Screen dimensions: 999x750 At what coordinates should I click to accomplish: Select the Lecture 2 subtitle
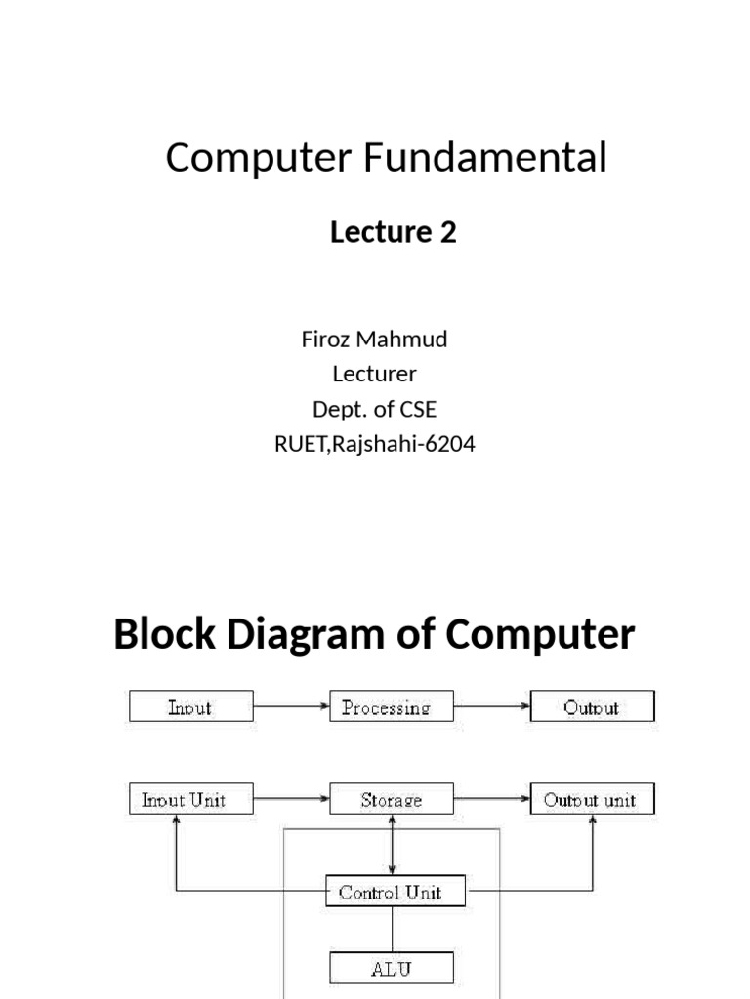pyautogui.click(x=393, y=232)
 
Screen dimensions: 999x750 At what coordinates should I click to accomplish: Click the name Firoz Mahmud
pyautogui.click(x=374, y=340)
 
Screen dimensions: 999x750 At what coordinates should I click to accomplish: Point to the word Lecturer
pyautogui.click(x=374, y=374)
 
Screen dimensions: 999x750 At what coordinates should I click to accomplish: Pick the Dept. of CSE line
pyautogui.click(x=374, y=409)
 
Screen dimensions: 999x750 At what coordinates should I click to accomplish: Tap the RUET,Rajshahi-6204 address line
pyautogui.click(x=374, y=445)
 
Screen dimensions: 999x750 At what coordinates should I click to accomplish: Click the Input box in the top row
pyautogui.click(x=191, y=706)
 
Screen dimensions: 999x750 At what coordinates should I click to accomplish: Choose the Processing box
pyautogui.click(x=392, y=706)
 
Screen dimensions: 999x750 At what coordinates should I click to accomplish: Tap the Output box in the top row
pyautogui.click(x=592, y=706)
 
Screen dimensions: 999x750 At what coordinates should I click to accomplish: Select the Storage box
pyautogui.click(x=392, y=800)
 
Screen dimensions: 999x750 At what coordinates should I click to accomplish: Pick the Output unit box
pyautogui.click(x=592, y=800)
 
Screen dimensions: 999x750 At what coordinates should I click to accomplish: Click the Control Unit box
pyautogui.click(x=391, y=892)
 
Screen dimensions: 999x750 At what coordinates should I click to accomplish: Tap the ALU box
pyautogui.click(x=391, y=969)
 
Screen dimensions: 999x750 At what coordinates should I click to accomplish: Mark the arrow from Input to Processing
pyautogui.click(x=292, y=706)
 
